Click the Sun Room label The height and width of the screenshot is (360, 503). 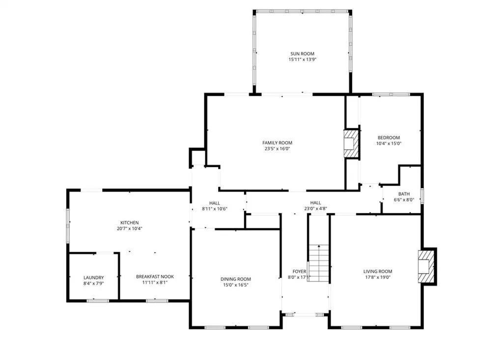click(302, 54)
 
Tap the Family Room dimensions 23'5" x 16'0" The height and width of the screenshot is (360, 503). click(277, 148)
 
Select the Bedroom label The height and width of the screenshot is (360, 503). click(389, 138)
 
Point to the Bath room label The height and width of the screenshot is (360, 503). click(404, 194)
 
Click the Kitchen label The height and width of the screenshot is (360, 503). click(130, 222)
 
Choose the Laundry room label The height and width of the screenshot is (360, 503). click(94, 277)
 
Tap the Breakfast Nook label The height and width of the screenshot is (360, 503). click(155, 277)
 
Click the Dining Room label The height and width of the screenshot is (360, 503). click(235, 279)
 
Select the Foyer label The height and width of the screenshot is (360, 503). click(299, 272)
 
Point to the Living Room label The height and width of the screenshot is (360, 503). click(378, 272)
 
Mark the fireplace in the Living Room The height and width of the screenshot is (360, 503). click(426, 266)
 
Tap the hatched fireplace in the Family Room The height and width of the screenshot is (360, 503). click(351, 143)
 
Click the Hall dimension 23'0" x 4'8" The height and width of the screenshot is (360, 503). click(316, 209)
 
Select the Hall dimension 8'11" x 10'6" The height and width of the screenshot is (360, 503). click(215, 209)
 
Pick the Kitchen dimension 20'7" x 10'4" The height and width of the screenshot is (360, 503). click(130, 229)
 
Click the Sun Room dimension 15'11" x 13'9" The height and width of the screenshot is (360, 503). click(302, 59)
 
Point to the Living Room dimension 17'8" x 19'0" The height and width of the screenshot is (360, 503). click(378, 277)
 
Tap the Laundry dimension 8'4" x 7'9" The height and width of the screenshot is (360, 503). click(94, 283)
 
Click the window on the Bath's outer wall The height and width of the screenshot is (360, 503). click(422, 196)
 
